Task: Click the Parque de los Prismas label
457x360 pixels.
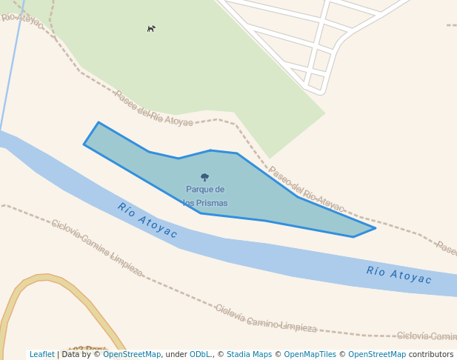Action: pyautogui.click(x=205, y=196)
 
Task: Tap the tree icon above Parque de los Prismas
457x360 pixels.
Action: pyautogui.click(x=205, y=177)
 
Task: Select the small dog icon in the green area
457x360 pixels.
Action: pyautogui.click(x=151, y=29)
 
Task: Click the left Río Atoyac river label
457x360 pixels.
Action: pyautogui.click(x=147, y=221)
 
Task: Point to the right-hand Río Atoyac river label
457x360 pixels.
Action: pyautogui.click(x=398, y=275)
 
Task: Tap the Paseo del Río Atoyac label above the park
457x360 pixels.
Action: pyautogui.click(x=153, y=109)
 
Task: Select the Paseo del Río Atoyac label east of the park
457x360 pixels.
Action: pyautogui.click(x=306, y=190)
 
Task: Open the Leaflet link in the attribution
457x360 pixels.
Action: pyautogui.click(x=41, y=355)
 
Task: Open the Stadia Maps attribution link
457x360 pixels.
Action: pyautogui.click(x=249, y=355)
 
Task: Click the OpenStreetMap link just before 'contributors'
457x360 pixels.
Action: pyautogui.click(x=377, y=355)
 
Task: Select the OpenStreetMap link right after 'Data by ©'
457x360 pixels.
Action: pyautogui.click(x=132, y=355)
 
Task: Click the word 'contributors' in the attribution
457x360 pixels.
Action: pyautogui.click(x=430, y=355)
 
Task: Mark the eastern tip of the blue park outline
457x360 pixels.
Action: pyautogui.click(x=375, y=228)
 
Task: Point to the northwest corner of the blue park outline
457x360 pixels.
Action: pyautogui.click(x=99, y=123)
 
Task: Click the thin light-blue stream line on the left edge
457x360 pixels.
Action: pyautogui.click(x=9, y=74)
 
